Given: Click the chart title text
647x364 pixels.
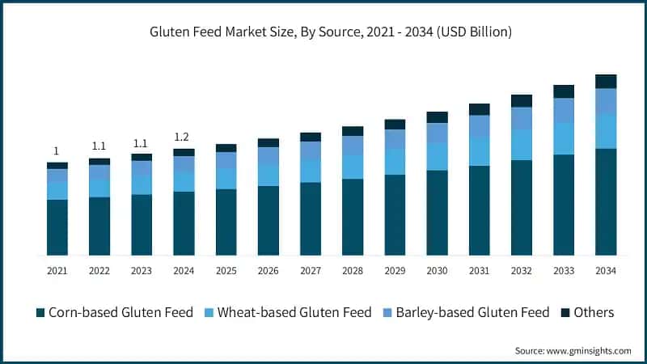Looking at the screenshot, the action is (331, 32).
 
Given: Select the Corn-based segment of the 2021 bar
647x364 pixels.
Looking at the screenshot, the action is (57, 227).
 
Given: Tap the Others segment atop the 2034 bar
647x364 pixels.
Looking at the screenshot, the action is (606, 82).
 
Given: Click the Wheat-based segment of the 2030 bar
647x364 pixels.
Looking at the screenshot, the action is (437, 156).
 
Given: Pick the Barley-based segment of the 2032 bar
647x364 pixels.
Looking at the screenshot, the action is (522, 118).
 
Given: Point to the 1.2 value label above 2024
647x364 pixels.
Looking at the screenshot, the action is (181, 137).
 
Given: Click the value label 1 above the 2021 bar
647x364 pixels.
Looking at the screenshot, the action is (56, 151).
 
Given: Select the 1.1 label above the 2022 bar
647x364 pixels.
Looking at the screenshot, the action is (99, 146).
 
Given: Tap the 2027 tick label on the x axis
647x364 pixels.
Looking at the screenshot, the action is (311, 271).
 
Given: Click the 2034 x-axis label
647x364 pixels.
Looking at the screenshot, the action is (606, 271).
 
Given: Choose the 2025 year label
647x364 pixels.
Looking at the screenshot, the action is (226, 271).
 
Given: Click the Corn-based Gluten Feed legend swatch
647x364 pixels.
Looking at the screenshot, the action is (40, 313).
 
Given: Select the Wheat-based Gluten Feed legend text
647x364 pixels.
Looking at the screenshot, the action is (294, 312).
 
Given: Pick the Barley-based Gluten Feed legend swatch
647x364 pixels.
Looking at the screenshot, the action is (387, 313).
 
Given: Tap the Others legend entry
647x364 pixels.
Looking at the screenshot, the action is (588, 312).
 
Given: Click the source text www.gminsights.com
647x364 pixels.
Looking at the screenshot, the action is (589, 351).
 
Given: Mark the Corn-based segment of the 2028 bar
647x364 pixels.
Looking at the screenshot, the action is (353, 217).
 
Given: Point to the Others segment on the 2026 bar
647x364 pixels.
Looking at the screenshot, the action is (269, 143).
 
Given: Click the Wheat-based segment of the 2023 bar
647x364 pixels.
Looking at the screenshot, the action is (142, 184).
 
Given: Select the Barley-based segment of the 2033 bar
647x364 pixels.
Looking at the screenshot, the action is (564, 111).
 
